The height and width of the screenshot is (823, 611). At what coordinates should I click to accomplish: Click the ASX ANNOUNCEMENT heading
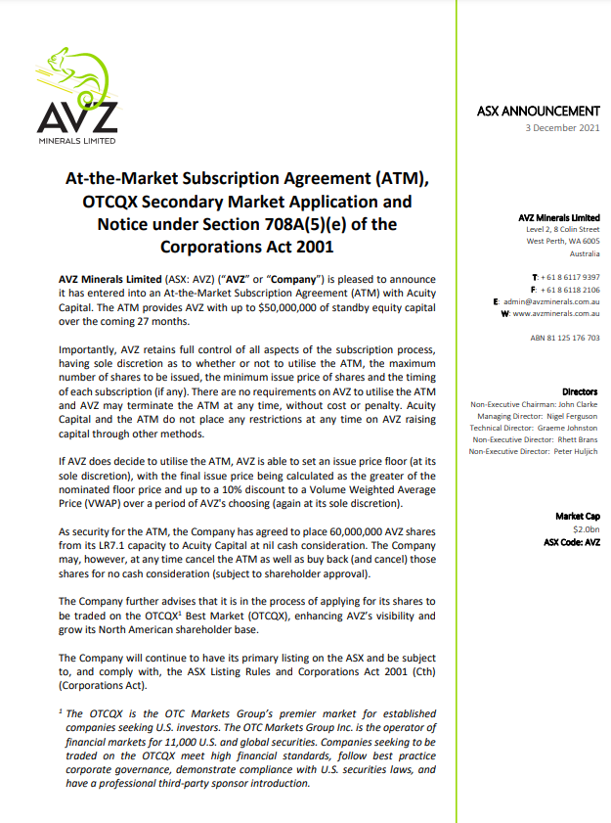[539, 112]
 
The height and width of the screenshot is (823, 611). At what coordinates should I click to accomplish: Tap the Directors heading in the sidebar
[581, 391]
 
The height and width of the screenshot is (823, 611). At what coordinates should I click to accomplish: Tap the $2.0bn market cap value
[586, 527]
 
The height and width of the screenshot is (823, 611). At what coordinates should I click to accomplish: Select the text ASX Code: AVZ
[571, 540]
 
